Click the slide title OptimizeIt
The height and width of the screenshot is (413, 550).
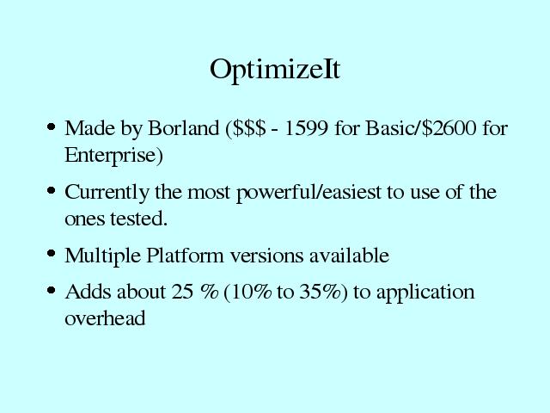(x=275, y=71)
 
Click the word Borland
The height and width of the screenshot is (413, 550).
(x=183, y=128)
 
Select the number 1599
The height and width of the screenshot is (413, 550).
(x=306, y=128)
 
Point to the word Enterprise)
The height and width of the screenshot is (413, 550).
(x=113, y=155)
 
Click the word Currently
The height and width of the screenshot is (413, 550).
(x=107, y=193)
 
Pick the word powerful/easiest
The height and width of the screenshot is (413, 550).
(x=309, y=193)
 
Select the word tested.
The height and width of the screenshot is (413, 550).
(x=139, y=219)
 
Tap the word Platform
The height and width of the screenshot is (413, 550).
(x=185, y=255)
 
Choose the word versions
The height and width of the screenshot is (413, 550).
(x=266, y=256)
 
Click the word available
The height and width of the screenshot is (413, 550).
(x=350, y=255)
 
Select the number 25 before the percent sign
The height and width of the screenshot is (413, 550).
(x=182, y=292)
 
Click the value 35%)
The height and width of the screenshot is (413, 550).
(x=323, y=293)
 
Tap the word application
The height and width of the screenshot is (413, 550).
(x=425, y=293)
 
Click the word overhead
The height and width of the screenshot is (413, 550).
(x=105, y=318)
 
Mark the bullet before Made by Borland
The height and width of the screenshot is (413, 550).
(x=52, y=126)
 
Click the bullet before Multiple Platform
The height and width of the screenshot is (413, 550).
(x=52, y=253)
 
